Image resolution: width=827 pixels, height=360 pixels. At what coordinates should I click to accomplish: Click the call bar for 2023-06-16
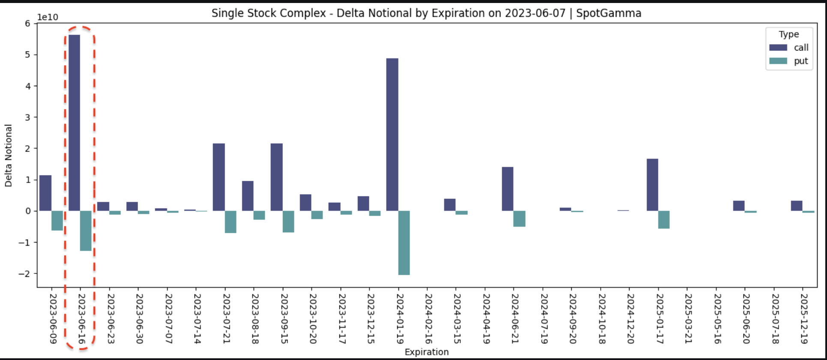pyautogui.click(x=74, y=123)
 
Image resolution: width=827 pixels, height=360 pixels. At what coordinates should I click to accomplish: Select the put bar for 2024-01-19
pyautogui.click(x=404, y=243)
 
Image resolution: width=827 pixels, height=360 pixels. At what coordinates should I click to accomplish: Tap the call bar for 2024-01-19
pyautogui.click(x=392, y=135)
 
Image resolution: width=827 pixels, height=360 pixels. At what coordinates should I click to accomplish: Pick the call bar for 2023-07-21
pyautogui.click(x=219, y=177)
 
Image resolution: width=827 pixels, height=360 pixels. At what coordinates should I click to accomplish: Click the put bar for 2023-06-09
pyautogui.click(x=57, y=220)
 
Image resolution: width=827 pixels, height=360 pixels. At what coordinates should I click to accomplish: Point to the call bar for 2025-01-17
pyautogui.click(x=652, y=185)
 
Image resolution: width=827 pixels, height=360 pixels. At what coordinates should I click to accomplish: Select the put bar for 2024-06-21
pyautogui.click(x=519, y=219)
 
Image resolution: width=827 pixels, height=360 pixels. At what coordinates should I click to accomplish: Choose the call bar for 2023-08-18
pyautogui.click(x=248, y=196)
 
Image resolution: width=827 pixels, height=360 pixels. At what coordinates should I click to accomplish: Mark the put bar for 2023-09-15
pyautogui.click(x=288, y=221)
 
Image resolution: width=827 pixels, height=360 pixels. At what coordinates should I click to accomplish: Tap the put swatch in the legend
pyautogui.click(x=778, y=61)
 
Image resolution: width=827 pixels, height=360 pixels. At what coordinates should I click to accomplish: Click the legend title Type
pyautogui.click(x=788, y=34)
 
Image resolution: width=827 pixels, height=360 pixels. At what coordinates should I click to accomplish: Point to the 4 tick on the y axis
pyautogui.click(x=28, y=86)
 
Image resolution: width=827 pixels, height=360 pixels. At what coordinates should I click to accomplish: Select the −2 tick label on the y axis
pyautogui.click(x=24, y=274)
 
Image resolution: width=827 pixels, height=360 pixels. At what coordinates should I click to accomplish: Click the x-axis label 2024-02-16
pyautogui.click(x=428, y=318)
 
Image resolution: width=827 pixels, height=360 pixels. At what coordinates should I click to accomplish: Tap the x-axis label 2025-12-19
pyautogui.click(x=804, y=318)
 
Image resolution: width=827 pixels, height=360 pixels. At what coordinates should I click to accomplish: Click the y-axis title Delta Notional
pyautogui.click(x=9, y=155)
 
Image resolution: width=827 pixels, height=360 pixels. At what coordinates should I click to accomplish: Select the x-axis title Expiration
pyautogui.click(x=427, y=352)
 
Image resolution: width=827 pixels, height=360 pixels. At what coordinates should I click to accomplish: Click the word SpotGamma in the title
pyautogui.click(x=608, y=13)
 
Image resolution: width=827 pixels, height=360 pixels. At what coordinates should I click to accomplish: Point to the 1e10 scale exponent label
pyautogui.click(x=48, y=17)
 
